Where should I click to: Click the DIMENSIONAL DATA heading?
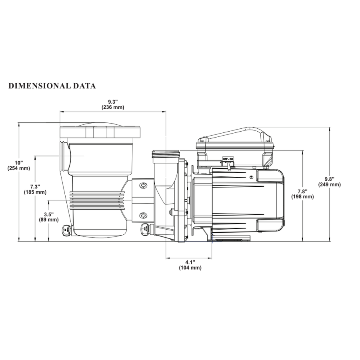tap(52, 86)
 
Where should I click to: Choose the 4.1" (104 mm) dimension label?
tap(190, 265)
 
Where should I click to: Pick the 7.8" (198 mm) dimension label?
tap(302, 194)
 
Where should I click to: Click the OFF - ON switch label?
tap(228, 159)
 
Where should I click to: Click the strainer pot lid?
tap(100, 132)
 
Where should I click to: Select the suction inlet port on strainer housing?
tap(64, 156)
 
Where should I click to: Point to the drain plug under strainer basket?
tap(66, 230)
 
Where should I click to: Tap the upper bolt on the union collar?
tap(143, 185)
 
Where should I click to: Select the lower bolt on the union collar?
tap(143, 216)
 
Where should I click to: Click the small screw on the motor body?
tap(250, 177)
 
